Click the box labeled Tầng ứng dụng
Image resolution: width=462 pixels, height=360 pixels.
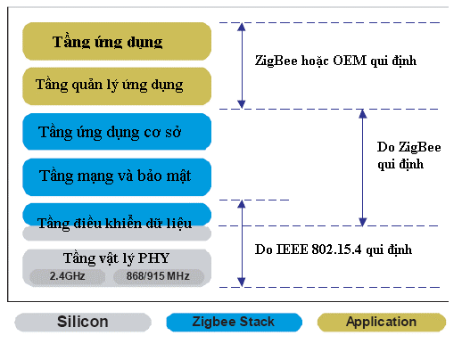click(116, 42)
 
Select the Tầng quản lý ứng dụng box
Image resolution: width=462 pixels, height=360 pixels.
click(116, 85)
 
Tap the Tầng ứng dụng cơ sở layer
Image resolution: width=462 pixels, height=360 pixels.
click(116, 132)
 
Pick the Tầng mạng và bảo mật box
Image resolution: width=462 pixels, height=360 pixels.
click(116, 176)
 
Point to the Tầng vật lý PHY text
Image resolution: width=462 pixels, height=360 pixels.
click(116, 258)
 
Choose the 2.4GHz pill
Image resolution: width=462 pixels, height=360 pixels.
click(67, 276)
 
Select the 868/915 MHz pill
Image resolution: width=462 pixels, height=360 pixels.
click(158, 276)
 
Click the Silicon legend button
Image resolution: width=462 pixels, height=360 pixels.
click(82, 322)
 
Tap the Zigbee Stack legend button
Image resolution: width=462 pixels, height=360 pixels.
click(234, 322)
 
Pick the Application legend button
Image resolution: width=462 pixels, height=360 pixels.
click(382, 322)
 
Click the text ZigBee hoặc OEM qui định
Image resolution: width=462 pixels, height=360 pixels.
click(336, 61)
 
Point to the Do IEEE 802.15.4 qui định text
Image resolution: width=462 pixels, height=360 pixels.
click(333, 250)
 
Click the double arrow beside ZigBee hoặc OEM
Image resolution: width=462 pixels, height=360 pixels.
click(240, 64)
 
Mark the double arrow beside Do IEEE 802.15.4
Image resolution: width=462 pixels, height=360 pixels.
click(241, 243)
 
